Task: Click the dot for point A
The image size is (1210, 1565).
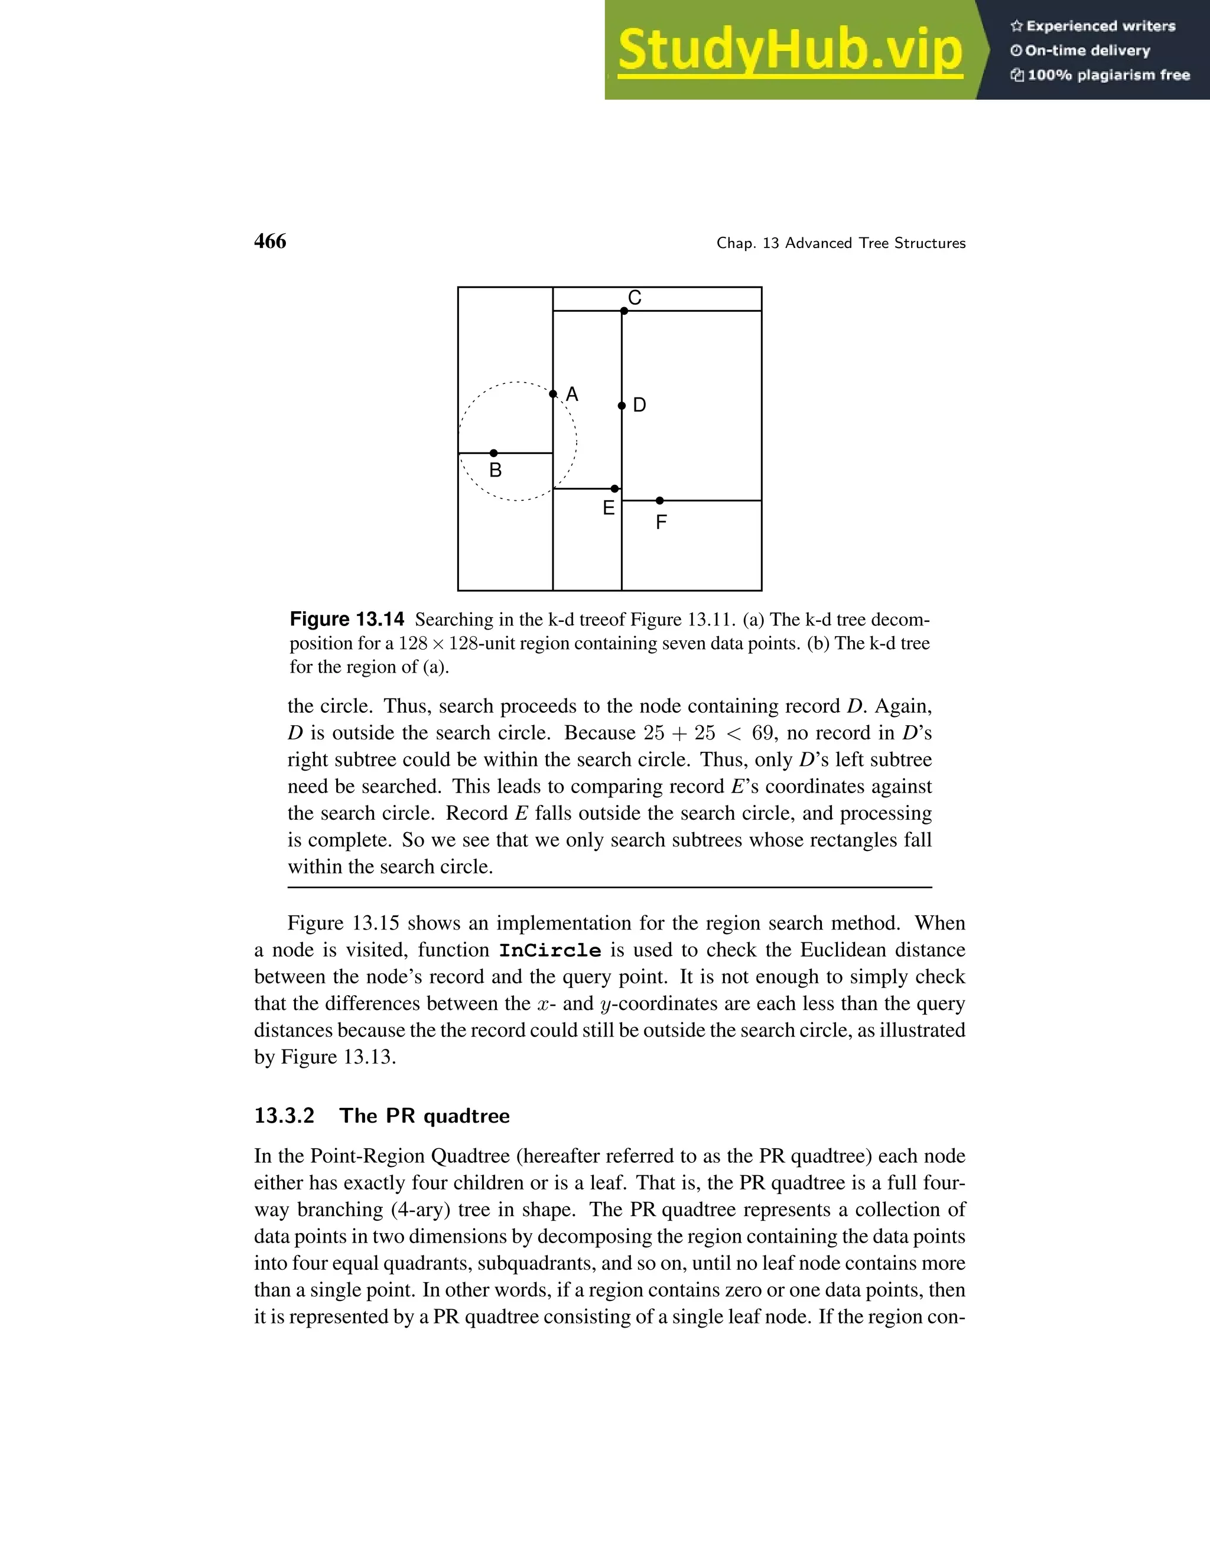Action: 552,394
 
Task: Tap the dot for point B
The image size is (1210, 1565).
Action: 493,453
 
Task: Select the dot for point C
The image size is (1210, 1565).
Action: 624,311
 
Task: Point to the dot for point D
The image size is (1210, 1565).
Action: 622,406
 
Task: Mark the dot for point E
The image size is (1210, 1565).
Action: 614,489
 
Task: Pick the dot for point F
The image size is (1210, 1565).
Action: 659,501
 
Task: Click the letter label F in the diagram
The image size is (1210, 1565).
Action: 661,523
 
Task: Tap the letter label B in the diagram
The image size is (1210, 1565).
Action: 495,471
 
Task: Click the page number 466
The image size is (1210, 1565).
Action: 269,242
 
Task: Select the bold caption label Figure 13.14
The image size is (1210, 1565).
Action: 347,619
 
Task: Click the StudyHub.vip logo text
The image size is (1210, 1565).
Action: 789,51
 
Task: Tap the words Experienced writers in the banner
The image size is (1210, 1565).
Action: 1100,27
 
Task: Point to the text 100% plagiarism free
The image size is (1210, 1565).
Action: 1108,75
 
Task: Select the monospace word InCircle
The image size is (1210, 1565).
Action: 550,951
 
